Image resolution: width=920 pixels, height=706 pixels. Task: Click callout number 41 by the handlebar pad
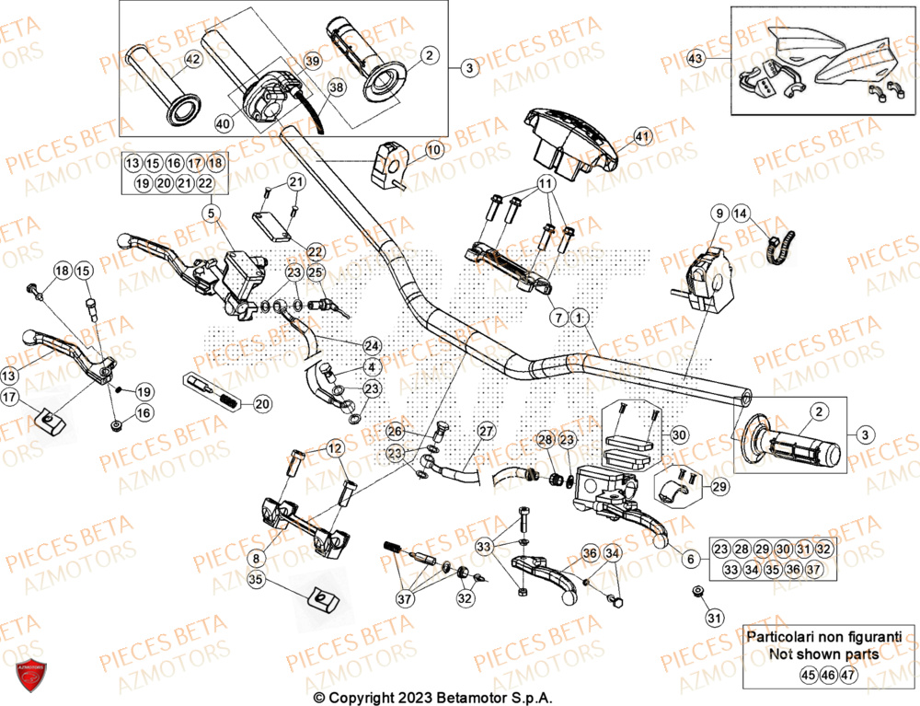[642, 136]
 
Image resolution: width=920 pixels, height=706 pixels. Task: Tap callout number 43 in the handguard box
[696, 58]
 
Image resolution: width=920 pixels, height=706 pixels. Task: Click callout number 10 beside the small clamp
[433, 148]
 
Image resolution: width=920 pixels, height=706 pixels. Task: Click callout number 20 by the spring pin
[261, 403]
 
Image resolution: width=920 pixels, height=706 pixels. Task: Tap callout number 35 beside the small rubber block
[256, 580]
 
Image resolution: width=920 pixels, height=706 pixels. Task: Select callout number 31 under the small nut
[714, 617]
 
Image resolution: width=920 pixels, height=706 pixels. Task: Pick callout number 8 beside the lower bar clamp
[256, 556]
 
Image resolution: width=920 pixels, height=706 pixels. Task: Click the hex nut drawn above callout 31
[697, 590]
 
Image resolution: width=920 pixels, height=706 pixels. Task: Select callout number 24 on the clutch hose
[372, 346]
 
